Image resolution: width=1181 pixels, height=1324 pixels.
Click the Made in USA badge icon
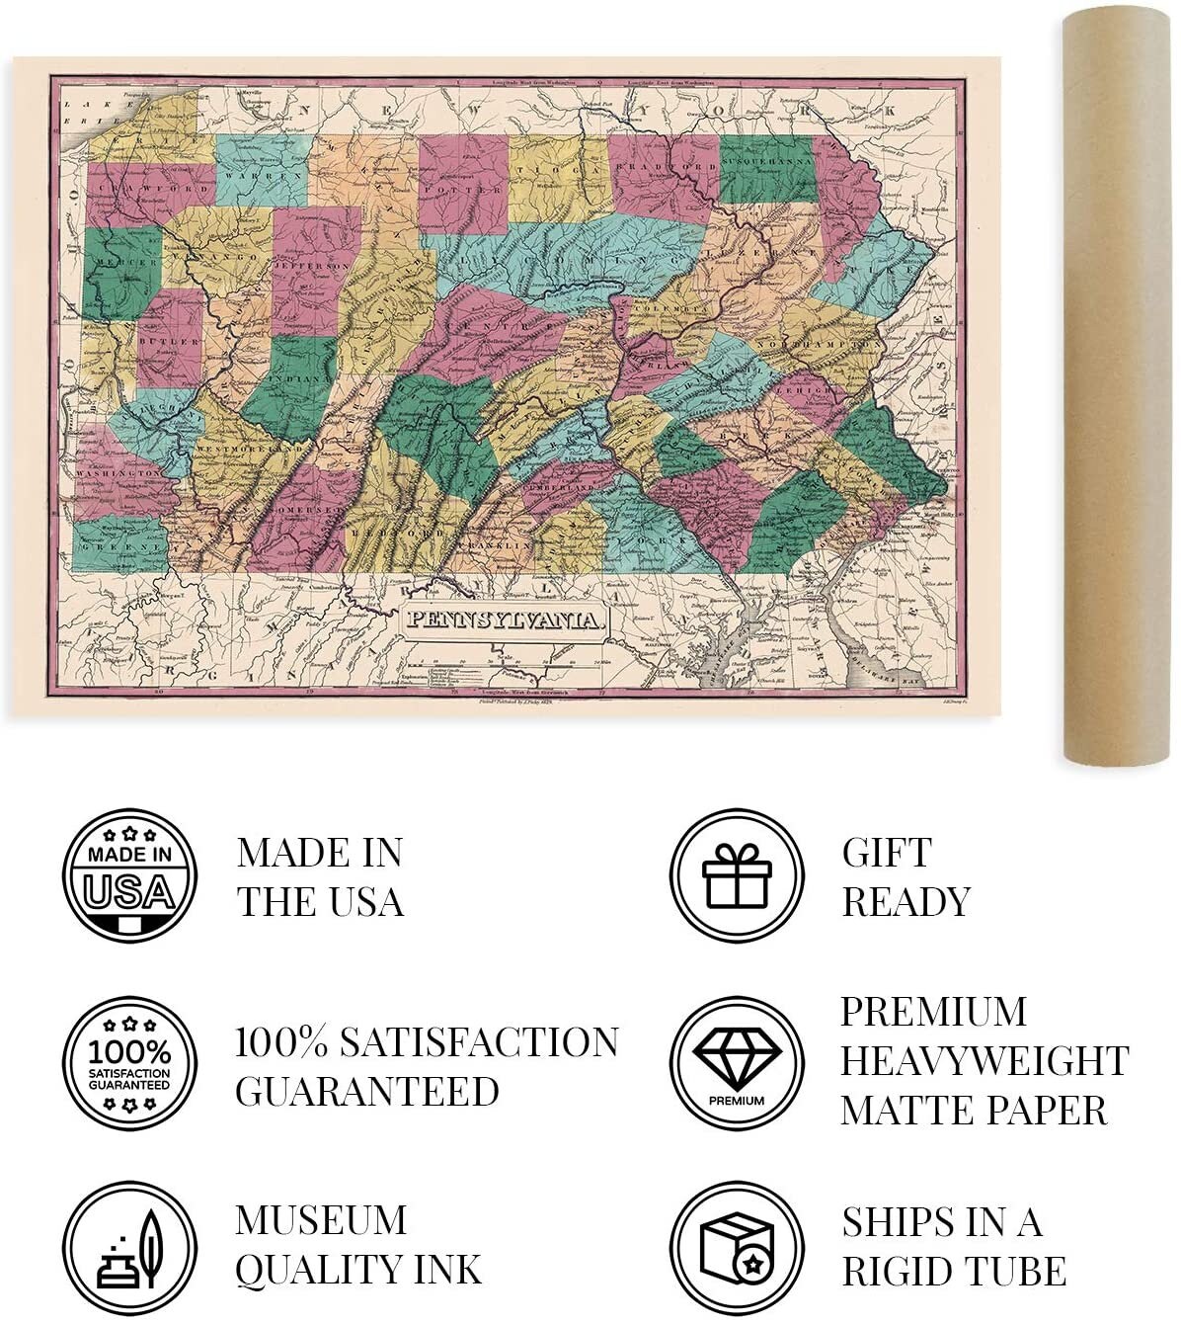coord(129,876)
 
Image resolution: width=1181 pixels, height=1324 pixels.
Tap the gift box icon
coord(737,876)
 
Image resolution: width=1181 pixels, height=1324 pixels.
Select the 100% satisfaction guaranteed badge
coord(129,1063)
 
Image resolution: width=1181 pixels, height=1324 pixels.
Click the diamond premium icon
coord(737,1061)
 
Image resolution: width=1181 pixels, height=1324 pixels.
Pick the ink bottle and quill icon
coord(129,1248)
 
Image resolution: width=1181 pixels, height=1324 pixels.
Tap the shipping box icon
coord(737,1248)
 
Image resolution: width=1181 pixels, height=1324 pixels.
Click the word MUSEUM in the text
coord(321,1221)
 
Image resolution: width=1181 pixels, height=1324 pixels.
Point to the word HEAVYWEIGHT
coord(984,1061)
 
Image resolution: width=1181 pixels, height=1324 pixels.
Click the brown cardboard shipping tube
coord(1117,385)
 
